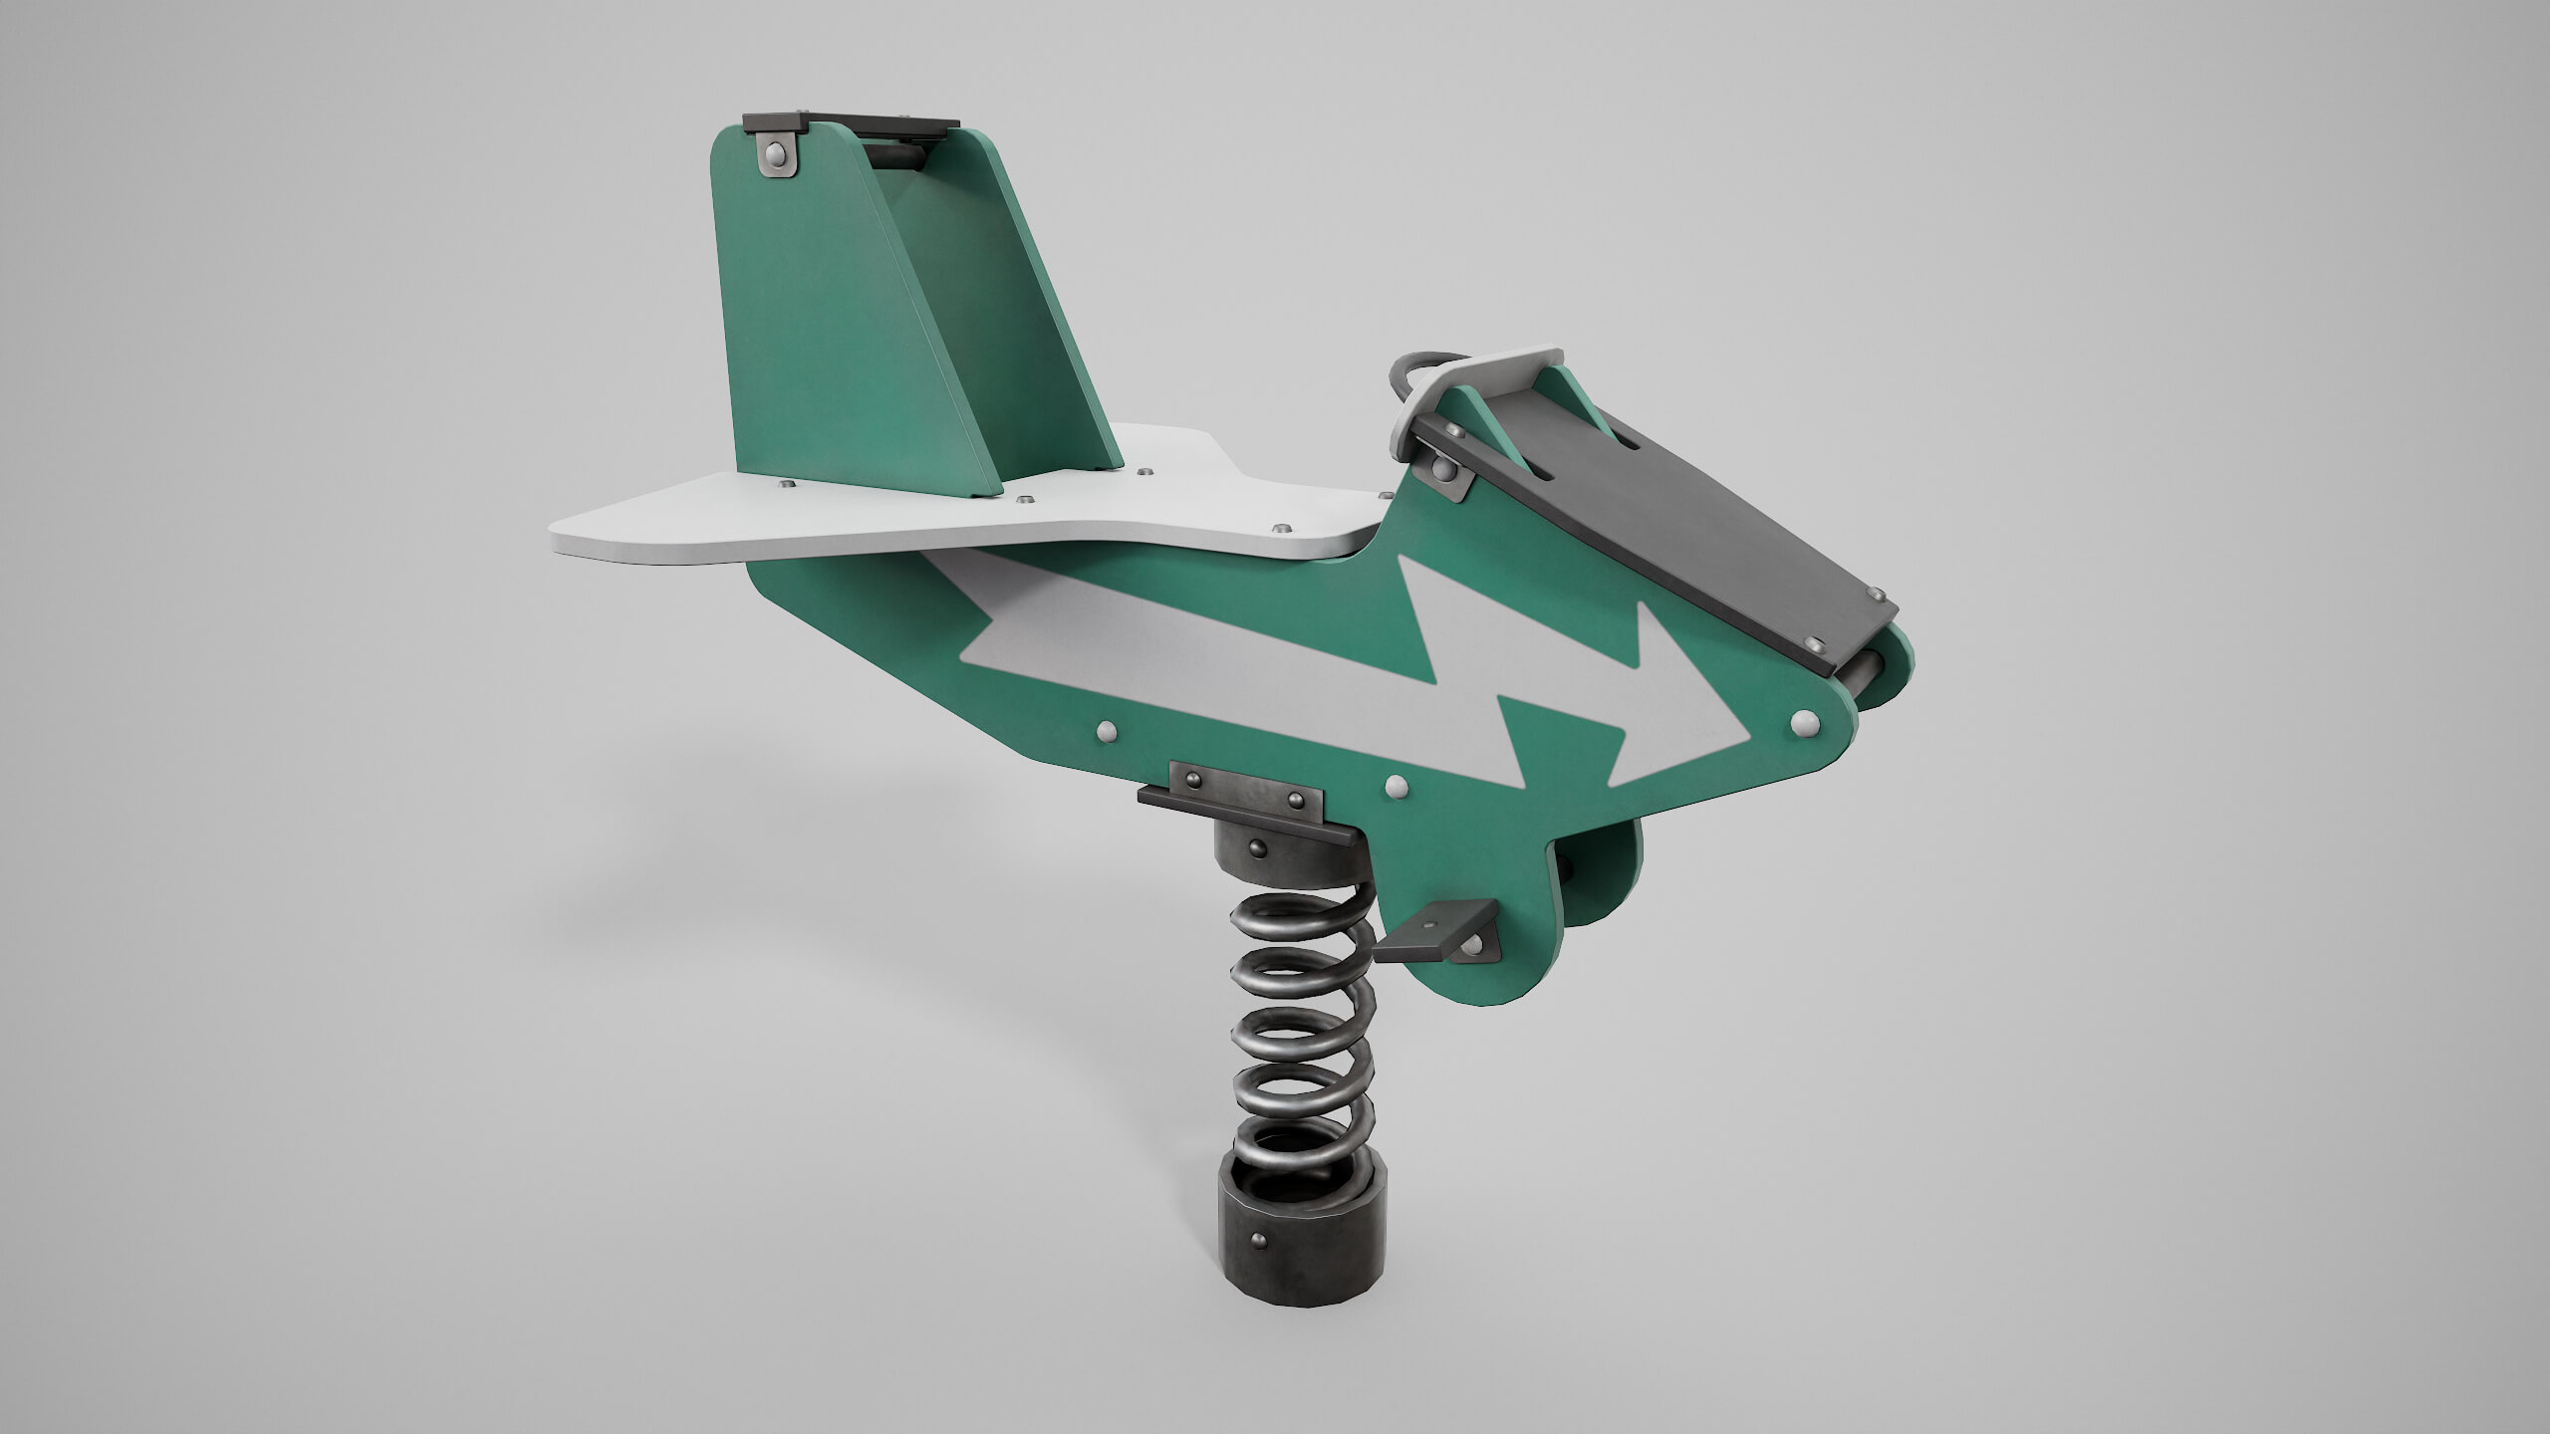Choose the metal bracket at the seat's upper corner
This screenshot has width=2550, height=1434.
click(x=1439, y=469)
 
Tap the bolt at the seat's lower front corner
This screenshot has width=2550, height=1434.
click(x=1815, y=645)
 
